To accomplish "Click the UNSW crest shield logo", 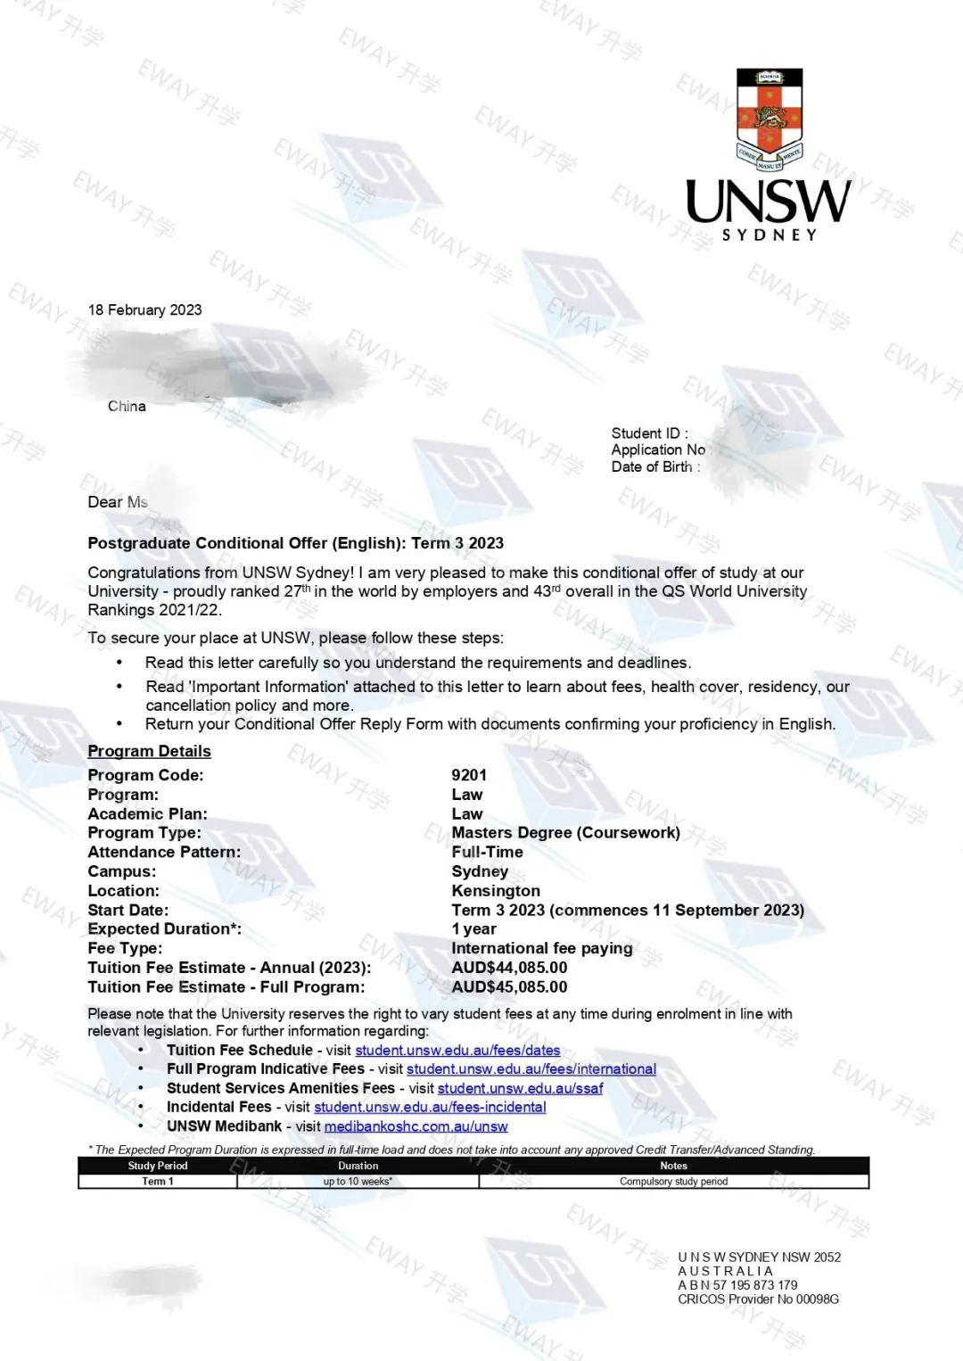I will (x=769, y=119).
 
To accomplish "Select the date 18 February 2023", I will (x=144, y=309).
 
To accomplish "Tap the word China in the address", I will (x=127, y=406).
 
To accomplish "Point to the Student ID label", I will (x=648, y=433).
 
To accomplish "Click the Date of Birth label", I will (x=654, y=466).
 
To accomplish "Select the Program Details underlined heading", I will (x=149, y=751).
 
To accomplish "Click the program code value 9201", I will (x=469, y=775).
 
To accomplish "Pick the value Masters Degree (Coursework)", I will (x=565, y=832).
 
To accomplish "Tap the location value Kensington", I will (x=496, y=890).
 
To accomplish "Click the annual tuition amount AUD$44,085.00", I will (x=509, y=967).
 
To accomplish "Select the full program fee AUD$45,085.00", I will (x=509, y=986).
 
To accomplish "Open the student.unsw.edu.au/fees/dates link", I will (x=457, y=1050).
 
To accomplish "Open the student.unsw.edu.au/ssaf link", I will (x=520, y=1088).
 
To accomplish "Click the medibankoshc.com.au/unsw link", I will (x=416, y=1126).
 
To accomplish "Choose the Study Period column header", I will (x=158, y=1166).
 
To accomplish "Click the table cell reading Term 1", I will (x=158, y=1181).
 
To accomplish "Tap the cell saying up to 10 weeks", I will (x=358, y=1181).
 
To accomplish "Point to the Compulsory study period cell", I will (x=673, y=1181).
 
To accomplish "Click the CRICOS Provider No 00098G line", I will (x=758, y=1299).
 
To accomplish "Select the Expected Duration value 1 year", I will (x=473, y=928).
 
